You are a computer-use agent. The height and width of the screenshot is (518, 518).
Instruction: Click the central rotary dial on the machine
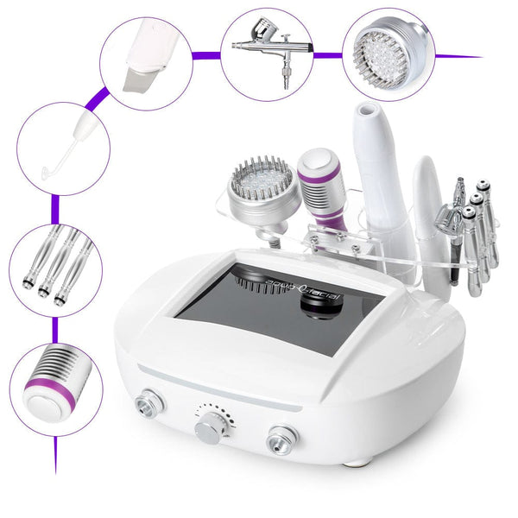click(207, 427)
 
